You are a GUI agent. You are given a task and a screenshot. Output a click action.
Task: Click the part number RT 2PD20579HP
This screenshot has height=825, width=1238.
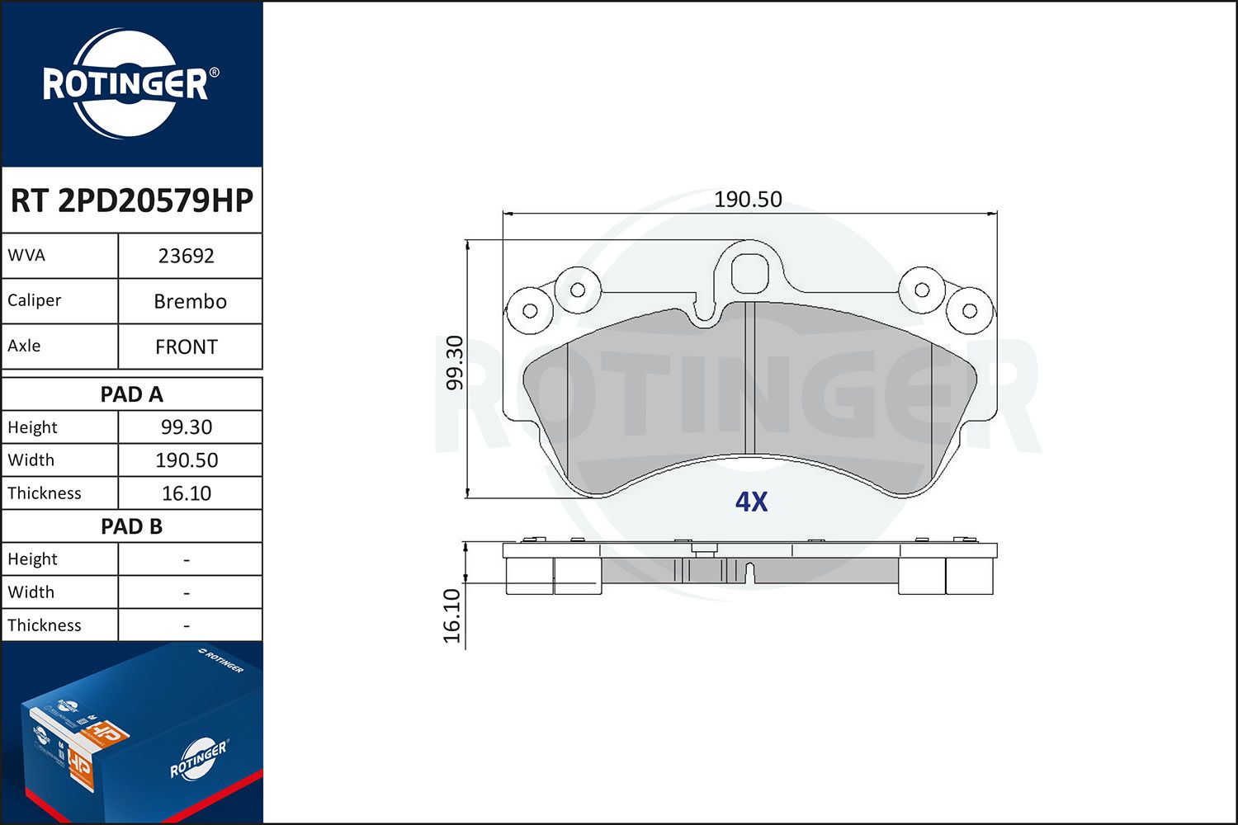tap(131, 200)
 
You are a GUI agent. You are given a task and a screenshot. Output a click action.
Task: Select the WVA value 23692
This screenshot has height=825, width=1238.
tap(187, 256)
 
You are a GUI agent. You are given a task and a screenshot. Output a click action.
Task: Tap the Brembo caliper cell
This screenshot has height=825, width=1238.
tap(190, 301)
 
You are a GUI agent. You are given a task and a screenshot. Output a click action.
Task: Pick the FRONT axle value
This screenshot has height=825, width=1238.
tap(187, 346)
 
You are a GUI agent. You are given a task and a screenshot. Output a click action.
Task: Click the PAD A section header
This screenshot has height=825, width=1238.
tap(131, 394)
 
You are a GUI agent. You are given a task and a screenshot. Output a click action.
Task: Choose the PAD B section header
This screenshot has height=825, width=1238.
tap(131, 526)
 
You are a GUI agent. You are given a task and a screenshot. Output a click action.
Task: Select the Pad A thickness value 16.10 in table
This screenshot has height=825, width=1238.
tap(187, 493)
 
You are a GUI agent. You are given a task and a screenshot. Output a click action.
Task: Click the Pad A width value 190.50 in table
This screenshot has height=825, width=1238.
tap(187, 460)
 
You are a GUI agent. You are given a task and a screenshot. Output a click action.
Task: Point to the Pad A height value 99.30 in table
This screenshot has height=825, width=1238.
tap(187, 427)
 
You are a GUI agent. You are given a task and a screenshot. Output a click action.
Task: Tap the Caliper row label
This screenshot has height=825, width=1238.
tap(34, 300)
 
